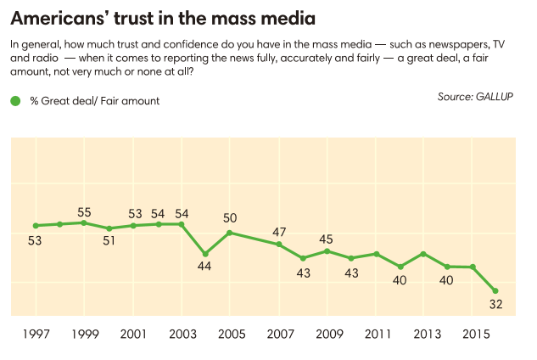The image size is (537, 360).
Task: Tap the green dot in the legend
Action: coord(14,101)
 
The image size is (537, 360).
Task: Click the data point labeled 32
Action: coord(496,291)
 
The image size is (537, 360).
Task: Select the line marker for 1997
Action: coord(36,226)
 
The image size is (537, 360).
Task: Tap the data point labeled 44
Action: coord(205,254)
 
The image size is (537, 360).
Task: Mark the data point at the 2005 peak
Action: coord(230,233)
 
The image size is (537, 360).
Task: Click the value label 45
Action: coord(327,239)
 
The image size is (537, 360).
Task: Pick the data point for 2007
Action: coord(278,245)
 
